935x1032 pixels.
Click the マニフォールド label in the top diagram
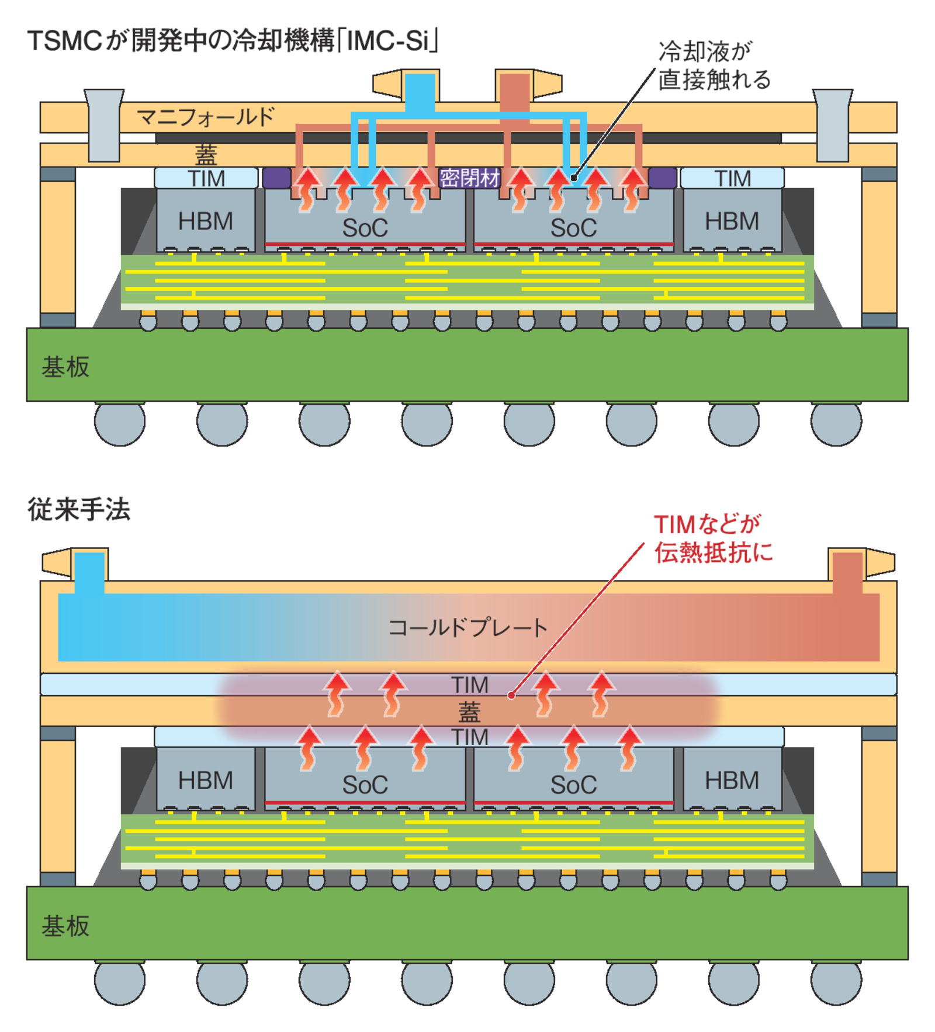[x=205, y=117]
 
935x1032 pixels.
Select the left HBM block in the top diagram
[x=205, y=221]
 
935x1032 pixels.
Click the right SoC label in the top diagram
[x=573, y=227]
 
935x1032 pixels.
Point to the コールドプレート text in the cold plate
[x=467, y=627]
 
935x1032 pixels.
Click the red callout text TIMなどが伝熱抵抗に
[x=713, y=538]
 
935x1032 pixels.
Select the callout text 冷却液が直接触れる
[x=714, y=65]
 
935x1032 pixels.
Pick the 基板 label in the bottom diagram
[x=65, y=925]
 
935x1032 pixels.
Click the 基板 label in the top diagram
[x=65, y=366]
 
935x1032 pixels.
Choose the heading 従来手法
[x=79, y=509]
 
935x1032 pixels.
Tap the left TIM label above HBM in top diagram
[x=206, y=178]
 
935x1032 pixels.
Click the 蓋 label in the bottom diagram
[x=469, y=711]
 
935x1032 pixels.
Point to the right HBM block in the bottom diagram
[x=732, y=780]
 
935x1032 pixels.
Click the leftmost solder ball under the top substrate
[x=120, y=422]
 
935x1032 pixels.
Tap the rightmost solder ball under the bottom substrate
[x=836, y=981]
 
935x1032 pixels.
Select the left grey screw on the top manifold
[x=104, y=125]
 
